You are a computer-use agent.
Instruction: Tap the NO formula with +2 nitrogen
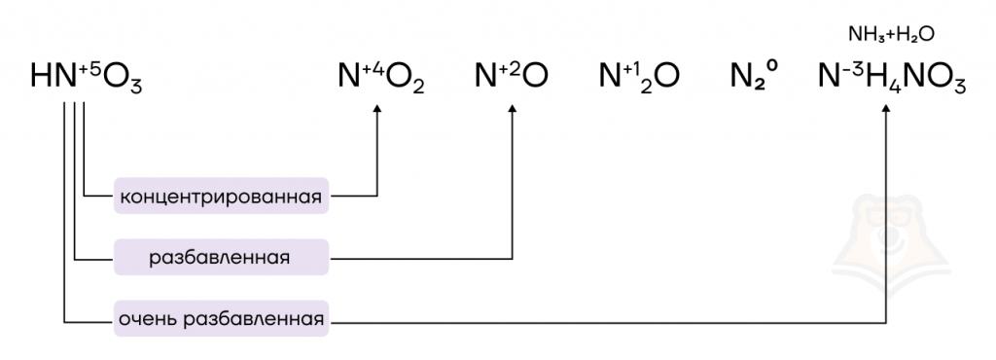click(x=512, y=76)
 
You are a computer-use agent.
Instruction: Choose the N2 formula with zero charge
click(x=754, y=76)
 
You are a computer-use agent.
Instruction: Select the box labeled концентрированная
click(x=221, y=196)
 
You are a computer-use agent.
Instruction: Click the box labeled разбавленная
click(x=221, y=257)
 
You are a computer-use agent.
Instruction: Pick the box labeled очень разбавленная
click(x=221, y=318)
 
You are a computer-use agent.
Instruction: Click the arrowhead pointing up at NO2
click(x=377, y=110)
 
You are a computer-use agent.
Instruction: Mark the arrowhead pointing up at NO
click(x=513, y=110)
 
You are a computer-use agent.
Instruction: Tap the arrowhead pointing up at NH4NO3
click(x=887, y=110)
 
